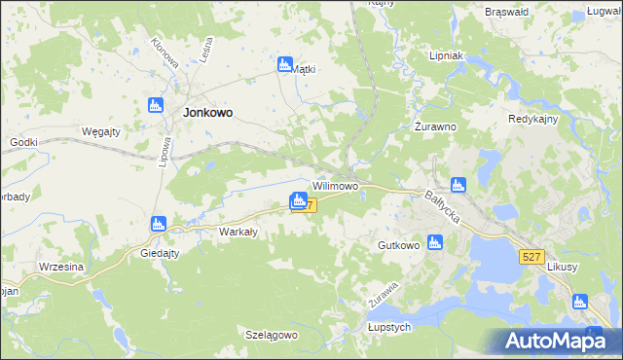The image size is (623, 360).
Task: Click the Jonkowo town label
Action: tap(206, 112)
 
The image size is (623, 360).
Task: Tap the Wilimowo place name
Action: tap(335, 185)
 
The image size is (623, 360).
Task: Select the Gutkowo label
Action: tap(399, 246)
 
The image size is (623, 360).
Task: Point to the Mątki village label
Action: tap(305, 70)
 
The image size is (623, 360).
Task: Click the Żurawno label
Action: tap(436, 126)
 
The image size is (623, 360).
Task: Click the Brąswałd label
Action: tap(506, 12)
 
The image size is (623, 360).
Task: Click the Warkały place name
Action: tap(238, 232)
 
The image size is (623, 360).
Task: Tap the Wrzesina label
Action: tap(60, 267)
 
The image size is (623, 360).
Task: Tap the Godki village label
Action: tap(23, 142)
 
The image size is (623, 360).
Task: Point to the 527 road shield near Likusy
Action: tap(531, 255)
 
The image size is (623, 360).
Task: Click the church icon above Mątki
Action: tap(285, 64)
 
